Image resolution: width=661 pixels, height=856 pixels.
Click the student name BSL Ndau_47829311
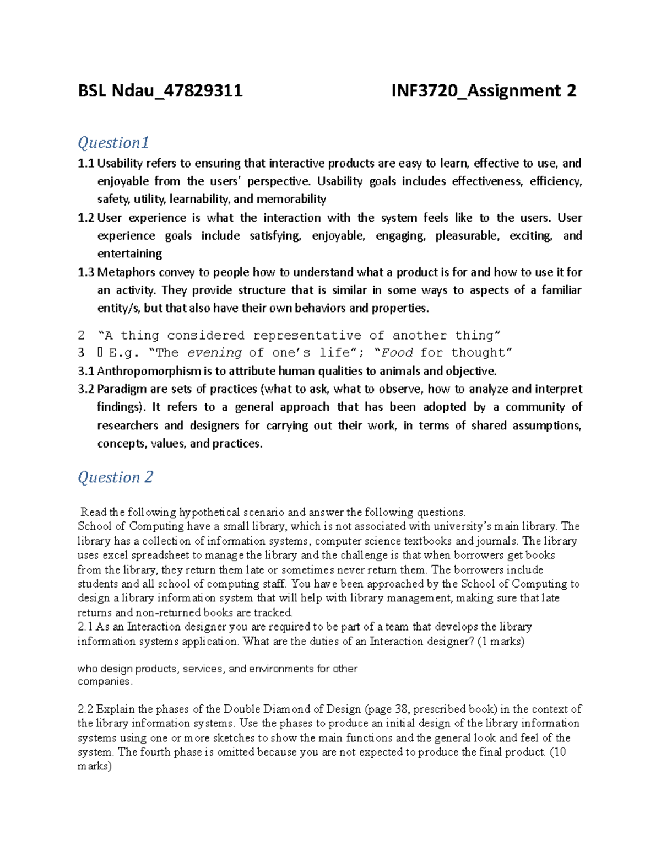tap(160, 91)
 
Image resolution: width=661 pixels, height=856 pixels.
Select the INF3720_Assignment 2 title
tap(483, 91)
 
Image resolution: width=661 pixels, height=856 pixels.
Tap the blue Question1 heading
tap(113, 143)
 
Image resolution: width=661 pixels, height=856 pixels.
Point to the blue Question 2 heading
tap(115, 477)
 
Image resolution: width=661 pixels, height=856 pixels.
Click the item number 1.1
tap(86, 163)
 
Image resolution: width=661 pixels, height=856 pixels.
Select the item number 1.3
tap(86, 272)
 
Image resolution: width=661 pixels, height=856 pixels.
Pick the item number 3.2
tap(86, 389)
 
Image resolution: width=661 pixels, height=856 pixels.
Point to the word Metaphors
tap(126, 272)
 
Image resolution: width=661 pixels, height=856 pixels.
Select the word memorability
tap(291, 199)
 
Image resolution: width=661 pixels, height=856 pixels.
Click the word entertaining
tap(129, 254)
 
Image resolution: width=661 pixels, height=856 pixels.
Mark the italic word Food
tap(397, 353)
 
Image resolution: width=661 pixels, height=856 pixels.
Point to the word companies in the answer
tap(104, 682)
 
